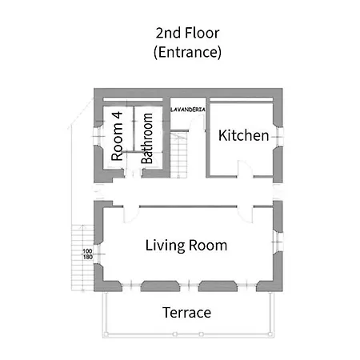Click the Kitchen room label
pyautogui.click(x=243, y=135)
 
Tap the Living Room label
pyautogui.click(x=186, y=246)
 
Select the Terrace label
pyautogui.click(x=186, y=313)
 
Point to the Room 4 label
pyautogui.click(x=117, y=136)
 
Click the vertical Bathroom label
pyautogui.click(x=147, y=138)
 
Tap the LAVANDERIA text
pyautogui.click(x=188, y=110)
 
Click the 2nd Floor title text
pyautogui.click(x=187, y=33)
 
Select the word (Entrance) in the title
pyautogui.click(x=187, y=52)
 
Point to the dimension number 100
pyautogui.click(x=87, y=251)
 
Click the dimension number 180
pyautogui.click(x=88, y=257)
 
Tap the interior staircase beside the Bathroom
pyautogui.click(x=179, y=154)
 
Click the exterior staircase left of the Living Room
pyautogui.click(x=82, y=258)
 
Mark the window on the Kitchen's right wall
pyautogui.click(x=278, y=136)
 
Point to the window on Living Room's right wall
pyautogui.click(x=278, y=242)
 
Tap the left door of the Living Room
pyautogui.click(x=131, y=214)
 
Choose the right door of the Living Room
pyautogui.click(x=245, y=214)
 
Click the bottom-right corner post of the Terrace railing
pyautogui.click(x=270, y=334)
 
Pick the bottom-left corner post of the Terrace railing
pyautogui.click(x=106, y=334)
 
